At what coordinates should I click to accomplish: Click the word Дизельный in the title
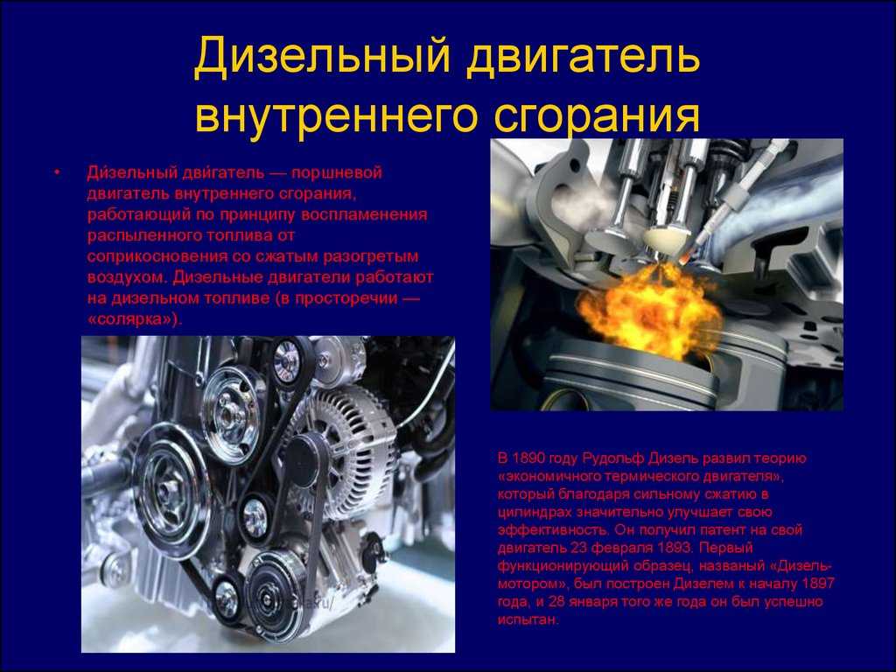(x=321, y=58)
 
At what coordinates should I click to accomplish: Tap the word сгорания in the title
(x=597, y=115)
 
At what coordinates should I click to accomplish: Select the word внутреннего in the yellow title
(x=337, y=115)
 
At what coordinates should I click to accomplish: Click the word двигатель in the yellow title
(x=584, y=58)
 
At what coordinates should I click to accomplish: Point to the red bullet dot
(x=57, y=171)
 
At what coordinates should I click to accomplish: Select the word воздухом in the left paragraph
(x=127, y=278)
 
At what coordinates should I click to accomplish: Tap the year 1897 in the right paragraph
(x=818, y=584)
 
